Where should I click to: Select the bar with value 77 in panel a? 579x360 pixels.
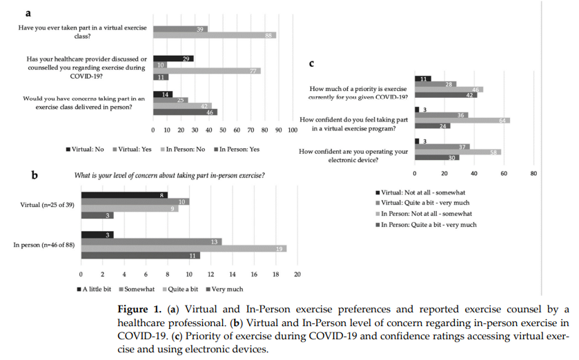click(206, 70)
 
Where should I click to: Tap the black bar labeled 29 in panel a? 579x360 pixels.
click(173, 59)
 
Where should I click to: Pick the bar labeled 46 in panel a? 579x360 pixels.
click(185, 112)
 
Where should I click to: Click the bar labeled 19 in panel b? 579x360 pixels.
click(184, 248)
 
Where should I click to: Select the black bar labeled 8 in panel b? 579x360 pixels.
click(124, 195)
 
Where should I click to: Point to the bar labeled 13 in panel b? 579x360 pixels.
click(151, 241)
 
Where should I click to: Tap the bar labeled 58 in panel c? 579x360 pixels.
click(458, 152)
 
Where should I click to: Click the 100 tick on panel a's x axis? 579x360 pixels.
click(292, 130)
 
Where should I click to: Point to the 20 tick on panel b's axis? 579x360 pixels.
click(297, 274)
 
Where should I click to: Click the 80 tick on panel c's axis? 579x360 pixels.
click(533, 173)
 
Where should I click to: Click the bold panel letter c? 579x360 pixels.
click(312, 63)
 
